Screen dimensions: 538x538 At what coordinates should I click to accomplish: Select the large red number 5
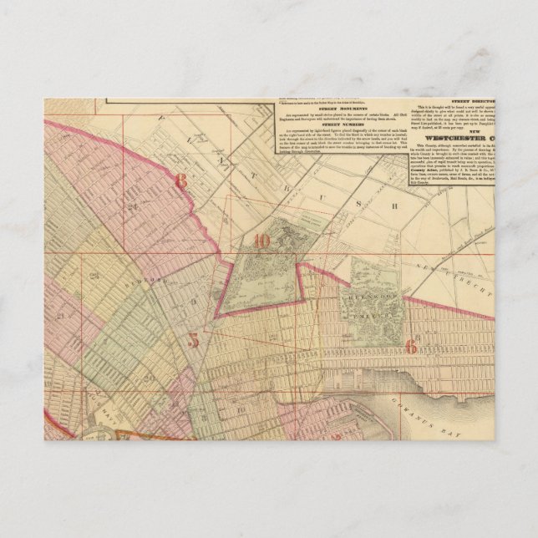coord(193,340)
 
